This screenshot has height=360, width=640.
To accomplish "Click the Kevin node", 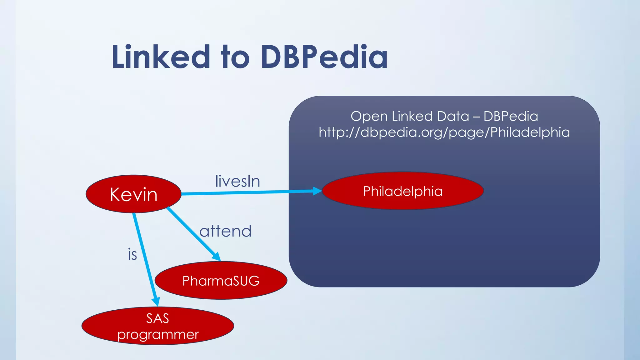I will tap(133, 194).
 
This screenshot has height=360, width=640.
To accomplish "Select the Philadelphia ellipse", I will tap(403, 191).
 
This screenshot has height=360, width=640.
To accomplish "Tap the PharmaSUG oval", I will tap(221, 280).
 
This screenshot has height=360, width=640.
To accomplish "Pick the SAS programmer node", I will tap(158, 326).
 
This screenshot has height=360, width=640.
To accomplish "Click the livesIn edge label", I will tap(237, 181).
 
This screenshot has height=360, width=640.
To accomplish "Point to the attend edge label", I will tap(225, 231).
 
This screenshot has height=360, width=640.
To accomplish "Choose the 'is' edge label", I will tap(132, 254).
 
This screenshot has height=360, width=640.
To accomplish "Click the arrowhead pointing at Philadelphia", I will tap(317, 191).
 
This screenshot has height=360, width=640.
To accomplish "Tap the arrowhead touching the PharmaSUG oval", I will tap(216, 256).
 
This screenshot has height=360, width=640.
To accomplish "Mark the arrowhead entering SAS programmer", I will tap(156, 301).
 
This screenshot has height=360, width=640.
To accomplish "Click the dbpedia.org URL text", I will tap(444, 132).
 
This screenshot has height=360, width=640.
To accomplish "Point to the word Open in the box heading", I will tap(369, 116).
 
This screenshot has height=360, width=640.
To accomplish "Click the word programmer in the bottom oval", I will tap(158, 335).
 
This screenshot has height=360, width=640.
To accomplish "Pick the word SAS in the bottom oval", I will tap(157, 318).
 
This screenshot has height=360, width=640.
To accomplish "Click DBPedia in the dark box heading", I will tap(511, 116).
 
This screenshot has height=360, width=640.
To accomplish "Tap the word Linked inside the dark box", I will tap(412, 116).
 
